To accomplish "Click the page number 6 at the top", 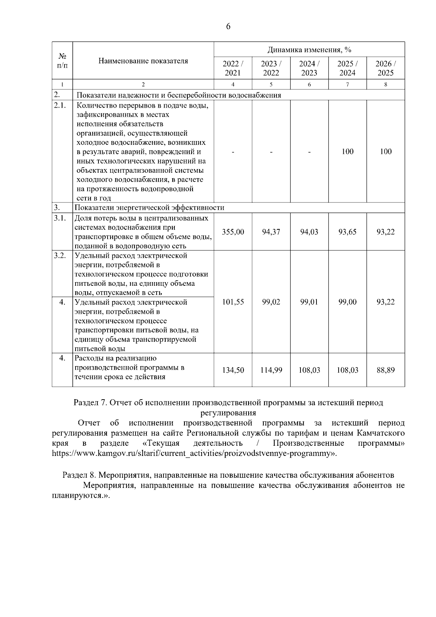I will click(228, 27).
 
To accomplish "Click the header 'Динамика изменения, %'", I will click(309, 49).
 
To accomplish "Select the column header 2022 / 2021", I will click(233, 68).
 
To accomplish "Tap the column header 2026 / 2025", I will click(385, 68).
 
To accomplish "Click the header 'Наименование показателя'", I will click(143, 61).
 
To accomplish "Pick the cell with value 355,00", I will click(233, 232).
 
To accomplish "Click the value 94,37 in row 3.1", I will click(271, 232).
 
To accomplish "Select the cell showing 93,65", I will click(347, 232).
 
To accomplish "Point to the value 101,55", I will click(233, 302).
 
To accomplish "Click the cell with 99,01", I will click(309, 302).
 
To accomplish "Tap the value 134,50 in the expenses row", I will click(233, 370).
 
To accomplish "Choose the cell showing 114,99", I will click(271, 370).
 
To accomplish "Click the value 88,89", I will click(385, 370).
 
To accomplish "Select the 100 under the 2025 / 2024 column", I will click(347, 151).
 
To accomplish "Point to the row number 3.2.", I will click(60, 255).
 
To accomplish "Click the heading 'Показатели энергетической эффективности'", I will click(149, 208).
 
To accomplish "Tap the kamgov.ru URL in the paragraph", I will click(194, 453).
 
